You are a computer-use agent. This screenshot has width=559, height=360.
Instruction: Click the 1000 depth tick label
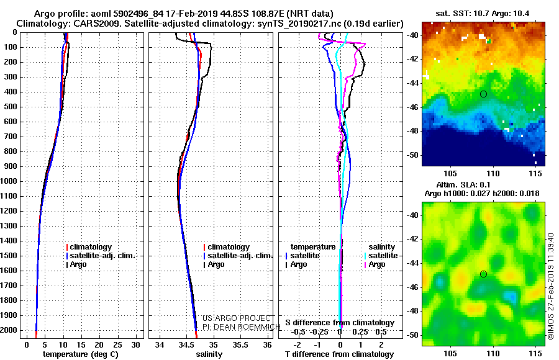coord(9,181)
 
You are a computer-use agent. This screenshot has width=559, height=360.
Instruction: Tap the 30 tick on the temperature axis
coord(135,344)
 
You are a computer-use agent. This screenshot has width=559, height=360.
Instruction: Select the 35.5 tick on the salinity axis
coord(240,344)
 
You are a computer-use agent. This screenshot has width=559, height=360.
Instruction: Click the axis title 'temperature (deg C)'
coord(81,354)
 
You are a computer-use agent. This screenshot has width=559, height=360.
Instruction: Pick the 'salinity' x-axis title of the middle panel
coord(209,354)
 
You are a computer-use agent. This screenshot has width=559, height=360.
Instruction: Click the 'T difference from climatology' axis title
coord(339,354)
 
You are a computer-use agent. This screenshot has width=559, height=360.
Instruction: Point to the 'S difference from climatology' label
coord(340,323)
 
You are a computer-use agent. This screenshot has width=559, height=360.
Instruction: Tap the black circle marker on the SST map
coord(483,94)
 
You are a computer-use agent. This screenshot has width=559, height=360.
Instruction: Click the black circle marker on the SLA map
coord(483,274)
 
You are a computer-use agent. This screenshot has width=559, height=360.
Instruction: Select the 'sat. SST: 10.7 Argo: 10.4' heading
coord(483,14)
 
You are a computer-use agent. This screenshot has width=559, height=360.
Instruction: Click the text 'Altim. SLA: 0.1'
coord(463,184)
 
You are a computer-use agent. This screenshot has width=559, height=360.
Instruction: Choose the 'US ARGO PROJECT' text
coord(237,318)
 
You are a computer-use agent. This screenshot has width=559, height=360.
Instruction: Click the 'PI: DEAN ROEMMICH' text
coord(242,327)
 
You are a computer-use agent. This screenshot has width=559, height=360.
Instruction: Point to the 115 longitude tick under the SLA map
coord(535,353)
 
